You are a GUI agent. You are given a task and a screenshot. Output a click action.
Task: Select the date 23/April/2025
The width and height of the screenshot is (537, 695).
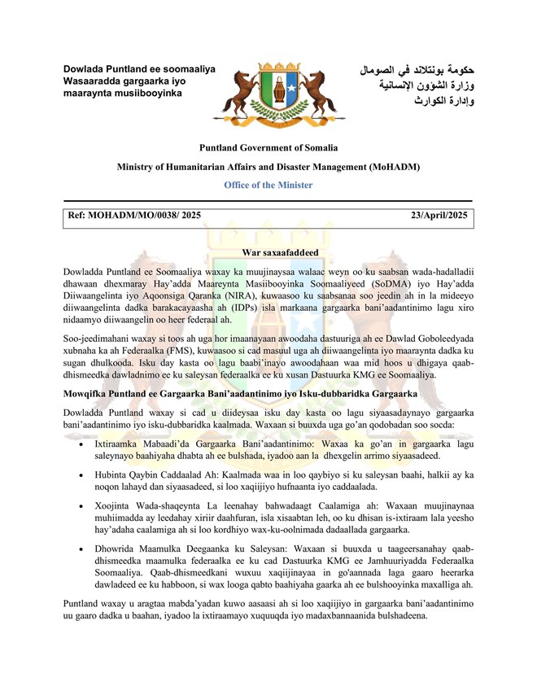coord(439,216)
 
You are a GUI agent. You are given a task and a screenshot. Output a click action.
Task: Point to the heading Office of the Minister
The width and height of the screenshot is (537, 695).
coord(268,185)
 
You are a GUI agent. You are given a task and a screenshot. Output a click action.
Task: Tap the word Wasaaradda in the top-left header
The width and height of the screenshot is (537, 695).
coord(92,81)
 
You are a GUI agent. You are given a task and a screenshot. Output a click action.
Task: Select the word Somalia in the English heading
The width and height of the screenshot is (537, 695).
coord(319,148)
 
